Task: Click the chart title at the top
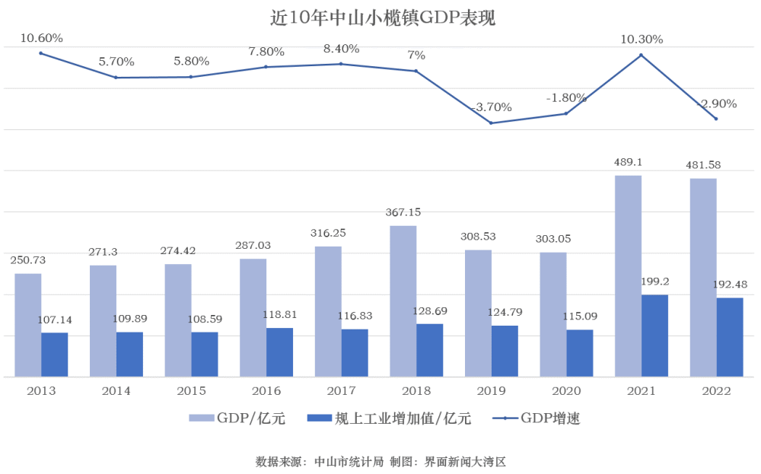pos(383,18)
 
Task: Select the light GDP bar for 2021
pos(628,276)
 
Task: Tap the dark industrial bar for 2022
pos(730,337)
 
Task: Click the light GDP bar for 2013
pos(27,325)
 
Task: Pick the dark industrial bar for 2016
pos(279,352)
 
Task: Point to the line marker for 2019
pos(491,122)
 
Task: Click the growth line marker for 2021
pos(641,56)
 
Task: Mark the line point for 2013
pos(41,53)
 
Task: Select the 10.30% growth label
pos(642,40)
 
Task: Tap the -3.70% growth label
pos(491,107)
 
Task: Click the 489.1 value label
pos(628,162)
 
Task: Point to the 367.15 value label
pos(403,212)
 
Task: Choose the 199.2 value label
pos(654,282)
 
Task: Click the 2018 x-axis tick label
pos(416,390)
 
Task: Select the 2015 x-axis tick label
pos(191,390)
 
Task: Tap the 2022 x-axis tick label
pos(716,390)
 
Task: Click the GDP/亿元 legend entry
pos(237,418)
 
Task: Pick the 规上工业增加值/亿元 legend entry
pos(389,418)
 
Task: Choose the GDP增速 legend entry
pos(537,418)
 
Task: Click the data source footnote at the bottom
pos(380,461)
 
